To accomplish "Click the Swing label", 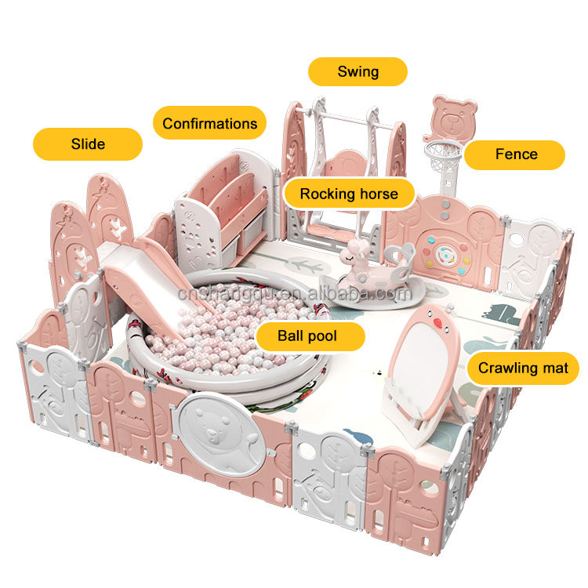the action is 358,71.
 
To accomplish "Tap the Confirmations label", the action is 209,123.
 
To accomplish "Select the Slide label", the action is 87,144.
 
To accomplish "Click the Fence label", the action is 514,154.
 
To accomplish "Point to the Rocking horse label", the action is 349,193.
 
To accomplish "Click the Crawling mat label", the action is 522,368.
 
